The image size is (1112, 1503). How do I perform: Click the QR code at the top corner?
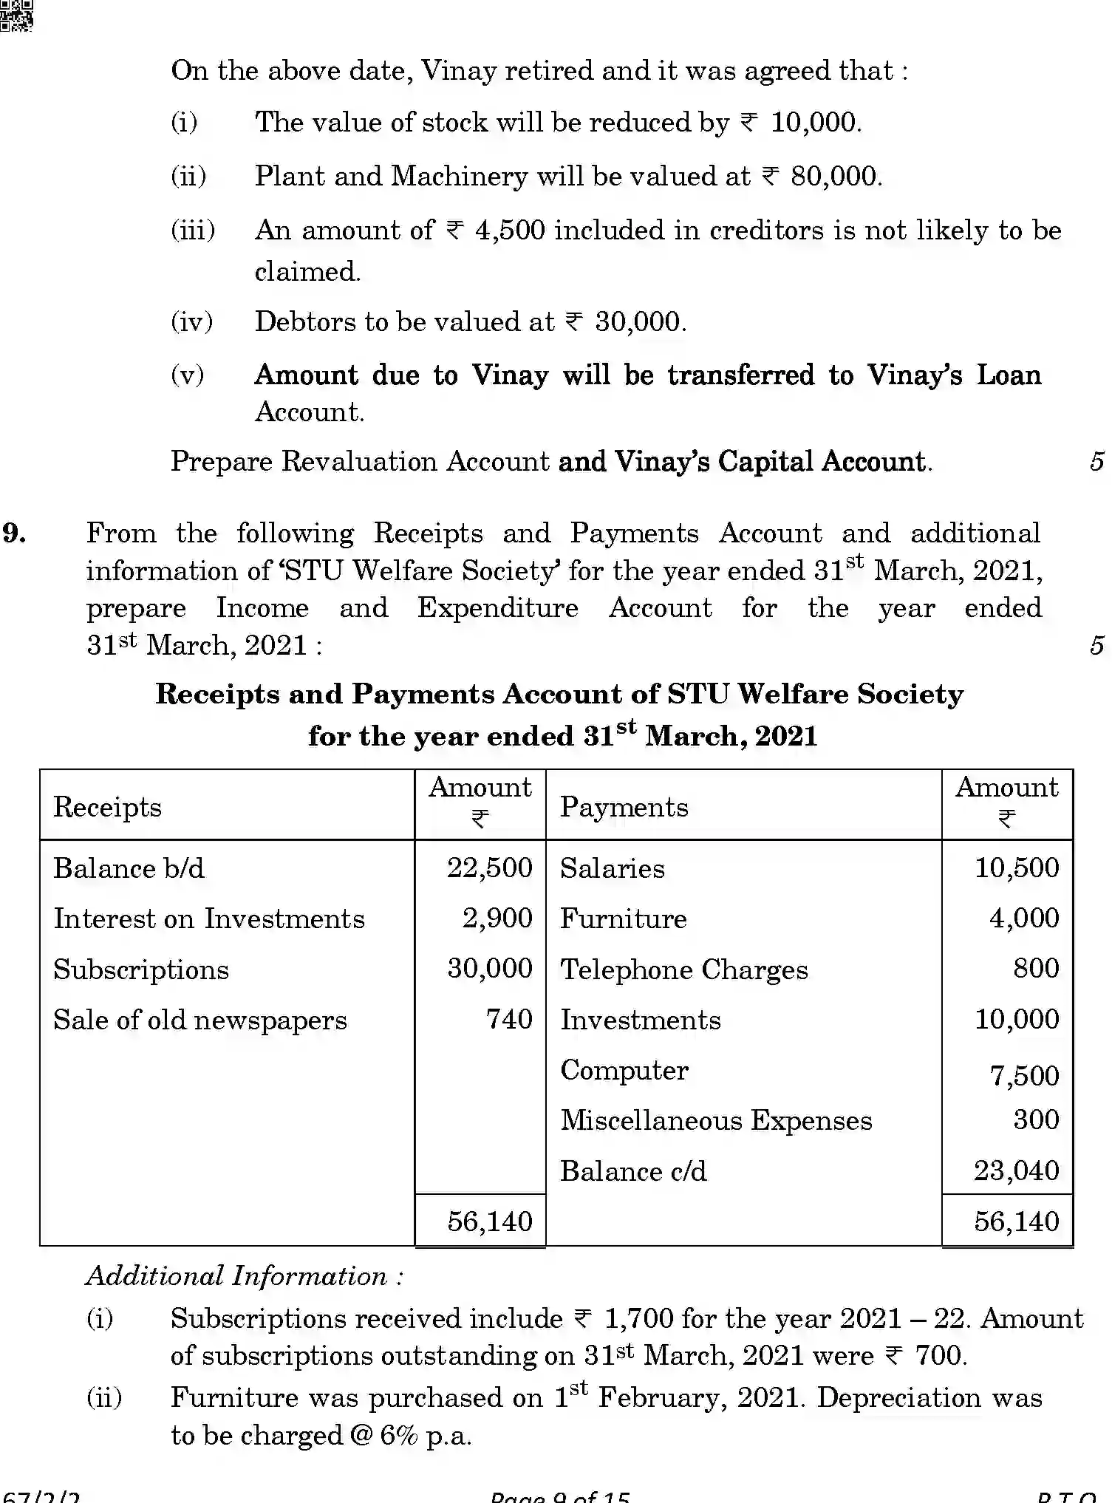coord(16,15)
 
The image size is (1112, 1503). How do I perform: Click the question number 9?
coord(15,534)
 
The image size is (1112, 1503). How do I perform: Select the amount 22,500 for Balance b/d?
coord(489,868)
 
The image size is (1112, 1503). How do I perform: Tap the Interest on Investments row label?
coord(209,918)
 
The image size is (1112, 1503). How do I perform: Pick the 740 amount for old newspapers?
coord(509,1019)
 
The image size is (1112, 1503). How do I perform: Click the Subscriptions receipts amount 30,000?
coord(489,968)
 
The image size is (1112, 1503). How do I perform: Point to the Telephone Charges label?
coord(683,969)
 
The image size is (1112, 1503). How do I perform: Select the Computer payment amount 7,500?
coord(1024,1076)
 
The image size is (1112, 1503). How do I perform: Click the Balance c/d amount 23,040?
coord(1016,1170)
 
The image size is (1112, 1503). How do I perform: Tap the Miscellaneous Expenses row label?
coord(716,1120)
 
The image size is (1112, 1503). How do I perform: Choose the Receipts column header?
coord(107,807)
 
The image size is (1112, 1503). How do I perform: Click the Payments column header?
coord(624,807)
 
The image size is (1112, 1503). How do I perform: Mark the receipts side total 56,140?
coord(489,1221)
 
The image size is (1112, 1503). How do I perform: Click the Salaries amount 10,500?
coord(1017,868)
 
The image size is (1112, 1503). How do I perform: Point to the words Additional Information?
coord(244,1276)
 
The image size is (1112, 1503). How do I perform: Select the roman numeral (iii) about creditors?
coord(193,231)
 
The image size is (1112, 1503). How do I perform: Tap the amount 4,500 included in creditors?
coord(510,231)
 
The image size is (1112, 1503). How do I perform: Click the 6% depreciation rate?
coord(399,1435)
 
